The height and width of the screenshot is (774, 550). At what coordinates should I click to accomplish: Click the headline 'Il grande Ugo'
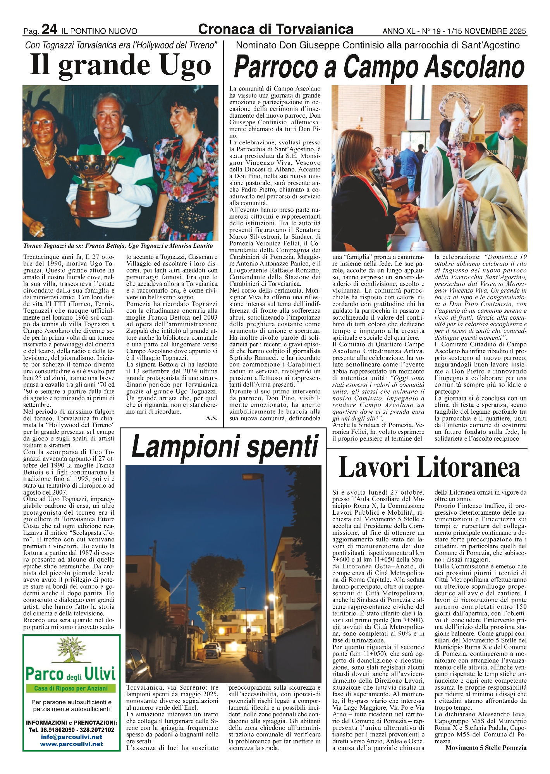[121, 66]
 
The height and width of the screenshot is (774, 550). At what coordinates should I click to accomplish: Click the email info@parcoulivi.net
[71, 737]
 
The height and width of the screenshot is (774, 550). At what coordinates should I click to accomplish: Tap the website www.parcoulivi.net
[71, 744]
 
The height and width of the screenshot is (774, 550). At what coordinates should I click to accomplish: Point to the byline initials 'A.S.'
[211, 418]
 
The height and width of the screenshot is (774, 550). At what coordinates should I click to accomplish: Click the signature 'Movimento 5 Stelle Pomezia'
[486, 748]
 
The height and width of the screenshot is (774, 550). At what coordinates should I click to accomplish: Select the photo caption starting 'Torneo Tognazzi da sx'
[118, 246]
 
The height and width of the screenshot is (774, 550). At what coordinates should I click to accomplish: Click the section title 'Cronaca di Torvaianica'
[275, 29]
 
